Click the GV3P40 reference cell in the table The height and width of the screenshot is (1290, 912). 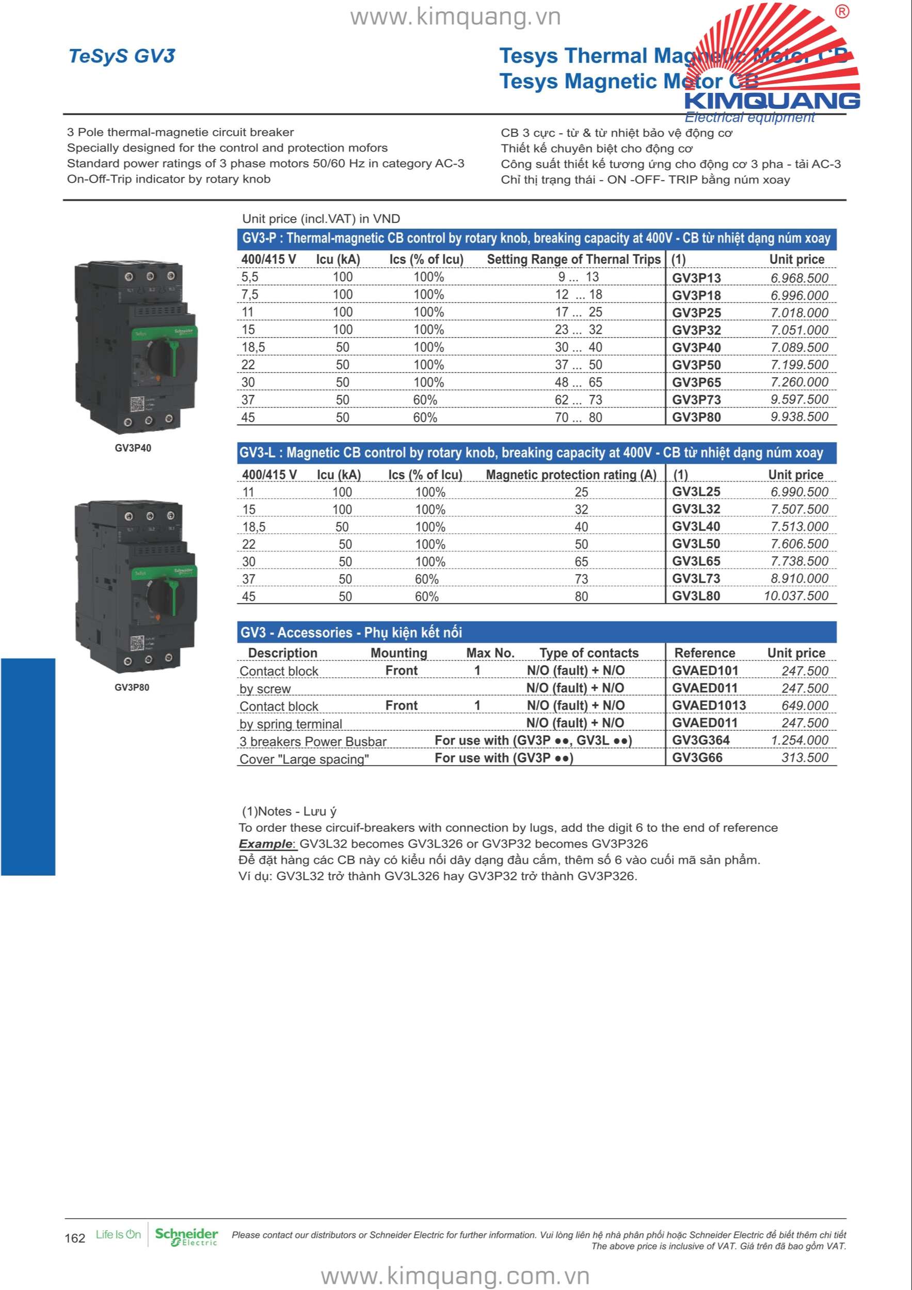696,348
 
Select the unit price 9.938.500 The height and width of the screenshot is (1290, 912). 799,417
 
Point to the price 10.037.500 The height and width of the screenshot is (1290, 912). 796,596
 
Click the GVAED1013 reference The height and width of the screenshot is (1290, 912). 709,706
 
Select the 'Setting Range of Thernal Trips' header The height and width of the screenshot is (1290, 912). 573,260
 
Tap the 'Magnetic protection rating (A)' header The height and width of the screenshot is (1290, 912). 571,475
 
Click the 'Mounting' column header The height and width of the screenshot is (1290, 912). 399,653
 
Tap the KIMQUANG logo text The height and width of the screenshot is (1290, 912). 772,101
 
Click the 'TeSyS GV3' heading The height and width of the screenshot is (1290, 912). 122,56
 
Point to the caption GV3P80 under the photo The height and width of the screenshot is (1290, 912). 132,687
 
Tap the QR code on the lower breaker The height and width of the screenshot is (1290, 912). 137,643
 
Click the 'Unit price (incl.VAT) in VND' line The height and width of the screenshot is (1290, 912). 321,219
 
